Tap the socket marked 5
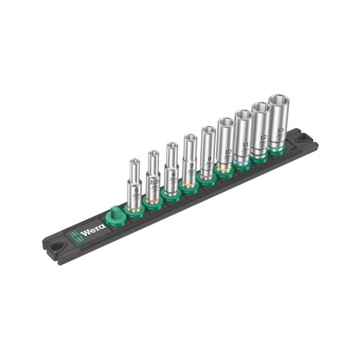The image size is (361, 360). pos(135,188)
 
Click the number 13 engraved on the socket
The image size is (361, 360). pos(280,130)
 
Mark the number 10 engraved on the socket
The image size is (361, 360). pos(227,152)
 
